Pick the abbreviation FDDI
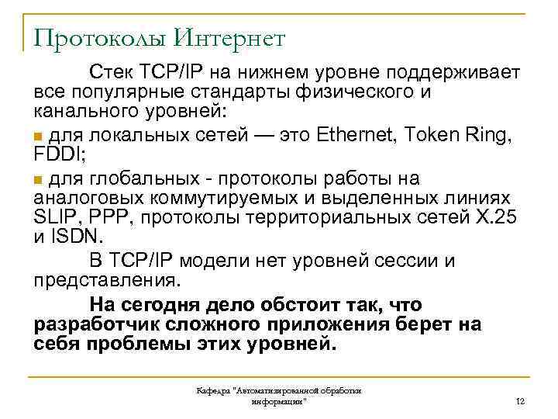(54, 154)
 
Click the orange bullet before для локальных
(39, 137)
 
